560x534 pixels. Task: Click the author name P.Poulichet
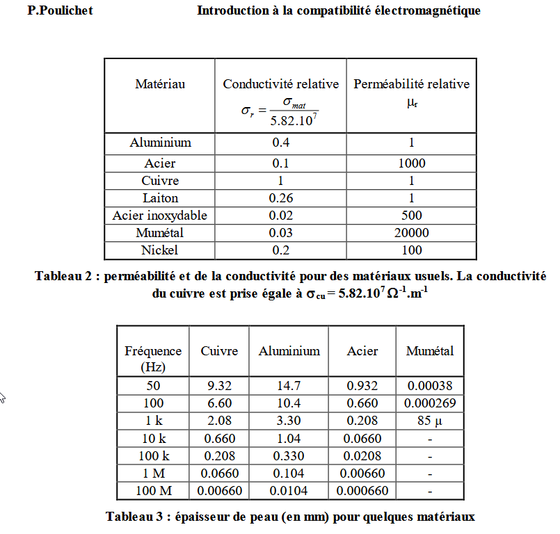(x=60, y=10)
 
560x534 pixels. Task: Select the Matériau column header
(x=160, y=84)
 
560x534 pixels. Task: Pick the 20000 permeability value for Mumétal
(x=411, y=233)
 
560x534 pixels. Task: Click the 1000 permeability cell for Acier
(x=411, y=163)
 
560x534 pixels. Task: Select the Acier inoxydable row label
(x=160, y=216)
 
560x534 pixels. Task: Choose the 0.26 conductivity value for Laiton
(x=280, y=198)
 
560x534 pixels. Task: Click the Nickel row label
(x=160, y=250)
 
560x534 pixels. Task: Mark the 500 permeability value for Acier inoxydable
(x=411, y=216)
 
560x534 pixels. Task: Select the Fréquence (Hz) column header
(x=153, y=358)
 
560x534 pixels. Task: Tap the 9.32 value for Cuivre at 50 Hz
(x=219, y=386)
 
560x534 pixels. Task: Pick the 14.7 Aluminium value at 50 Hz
(x=289, y=386)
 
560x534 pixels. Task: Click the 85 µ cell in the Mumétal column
(x=430, y=421)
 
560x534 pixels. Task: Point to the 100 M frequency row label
(x=153, y=491)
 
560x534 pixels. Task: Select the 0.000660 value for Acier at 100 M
(x=362, y=491)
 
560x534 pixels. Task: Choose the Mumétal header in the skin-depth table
(x=430, y=351)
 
